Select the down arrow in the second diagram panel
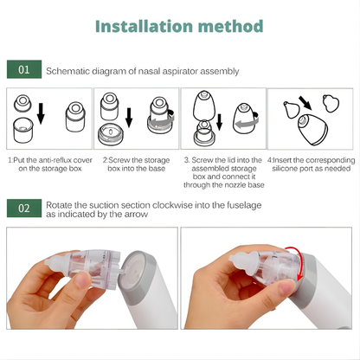pos(129,117)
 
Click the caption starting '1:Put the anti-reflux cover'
pos(48,164)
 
